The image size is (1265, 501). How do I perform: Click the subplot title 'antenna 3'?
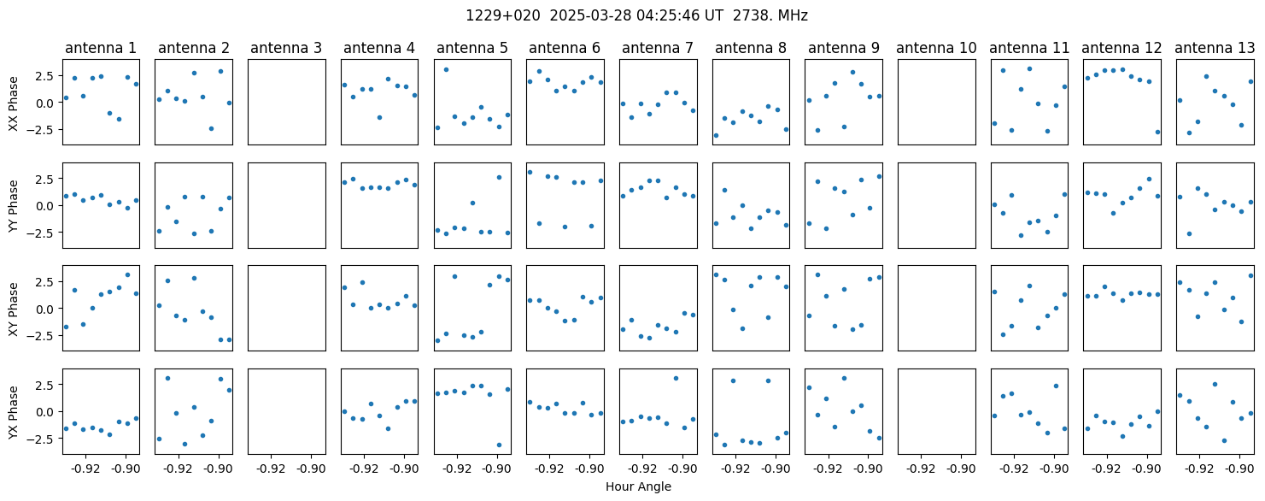pyautogui.click(x=286, y=49)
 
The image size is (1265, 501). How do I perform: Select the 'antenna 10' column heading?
pyautogui.click(x=936, y=49)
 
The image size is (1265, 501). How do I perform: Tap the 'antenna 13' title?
pyautogui.click(x=1215, y=49)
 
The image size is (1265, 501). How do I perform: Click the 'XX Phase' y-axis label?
pyautogui.click(x=14, y=103)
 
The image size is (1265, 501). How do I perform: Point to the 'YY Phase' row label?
pyautogui.click(x=14, y=206)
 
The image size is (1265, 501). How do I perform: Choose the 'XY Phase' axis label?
pyautogui.click(x=14, y=309)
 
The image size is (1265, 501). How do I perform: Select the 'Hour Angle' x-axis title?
pyautogui.click(x=638, y=486)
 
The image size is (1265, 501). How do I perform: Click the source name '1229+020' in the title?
pyautogui.click(x=502, y=16)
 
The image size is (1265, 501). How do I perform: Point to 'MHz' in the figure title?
pyautogui.click(x=793, y=16)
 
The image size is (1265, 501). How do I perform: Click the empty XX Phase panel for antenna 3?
pyautogui.click(x=287, y=103)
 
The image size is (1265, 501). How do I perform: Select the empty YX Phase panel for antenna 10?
pyautogui.click(x=937, y=411)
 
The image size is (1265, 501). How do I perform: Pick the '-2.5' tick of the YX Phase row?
pyautogui.click(x=46, y=439)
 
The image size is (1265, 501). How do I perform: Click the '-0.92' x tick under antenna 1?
pyautogui.click(x=85, y=469)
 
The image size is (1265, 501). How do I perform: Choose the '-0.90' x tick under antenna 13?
pyautogui.click(x=1239, y=469)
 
